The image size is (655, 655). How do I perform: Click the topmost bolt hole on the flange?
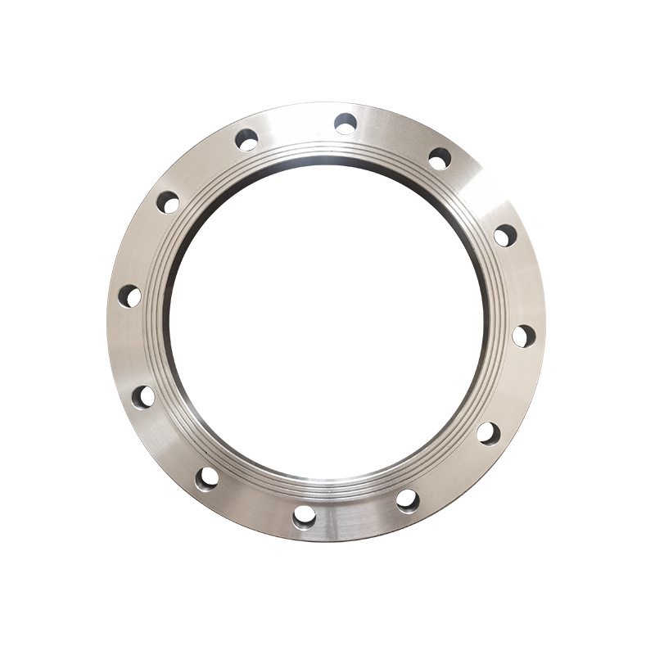pos(346,124)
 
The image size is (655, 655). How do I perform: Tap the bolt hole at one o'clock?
pos(440,159)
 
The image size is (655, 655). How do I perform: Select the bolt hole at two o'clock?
pos(505,236)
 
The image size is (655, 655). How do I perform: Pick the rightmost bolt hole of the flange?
pos(524,336)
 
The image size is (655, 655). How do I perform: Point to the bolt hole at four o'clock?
pos(489,433)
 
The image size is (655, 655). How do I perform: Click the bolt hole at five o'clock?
pos(407,499)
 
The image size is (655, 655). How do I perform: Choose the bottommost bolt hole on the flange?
pos(305,516)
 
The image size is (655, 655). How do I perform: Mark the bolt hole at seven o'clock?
pos(208,477)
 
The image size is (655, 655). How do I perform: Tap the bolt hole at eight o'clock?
pos(143,397)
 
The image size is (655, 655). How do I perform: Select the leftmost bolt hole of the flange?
pos(129,296)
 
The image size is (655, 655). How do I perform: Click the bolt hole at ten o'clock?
pos(168,202)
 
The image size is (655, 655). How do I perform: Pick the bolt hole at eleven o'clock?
pos(246,140)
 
